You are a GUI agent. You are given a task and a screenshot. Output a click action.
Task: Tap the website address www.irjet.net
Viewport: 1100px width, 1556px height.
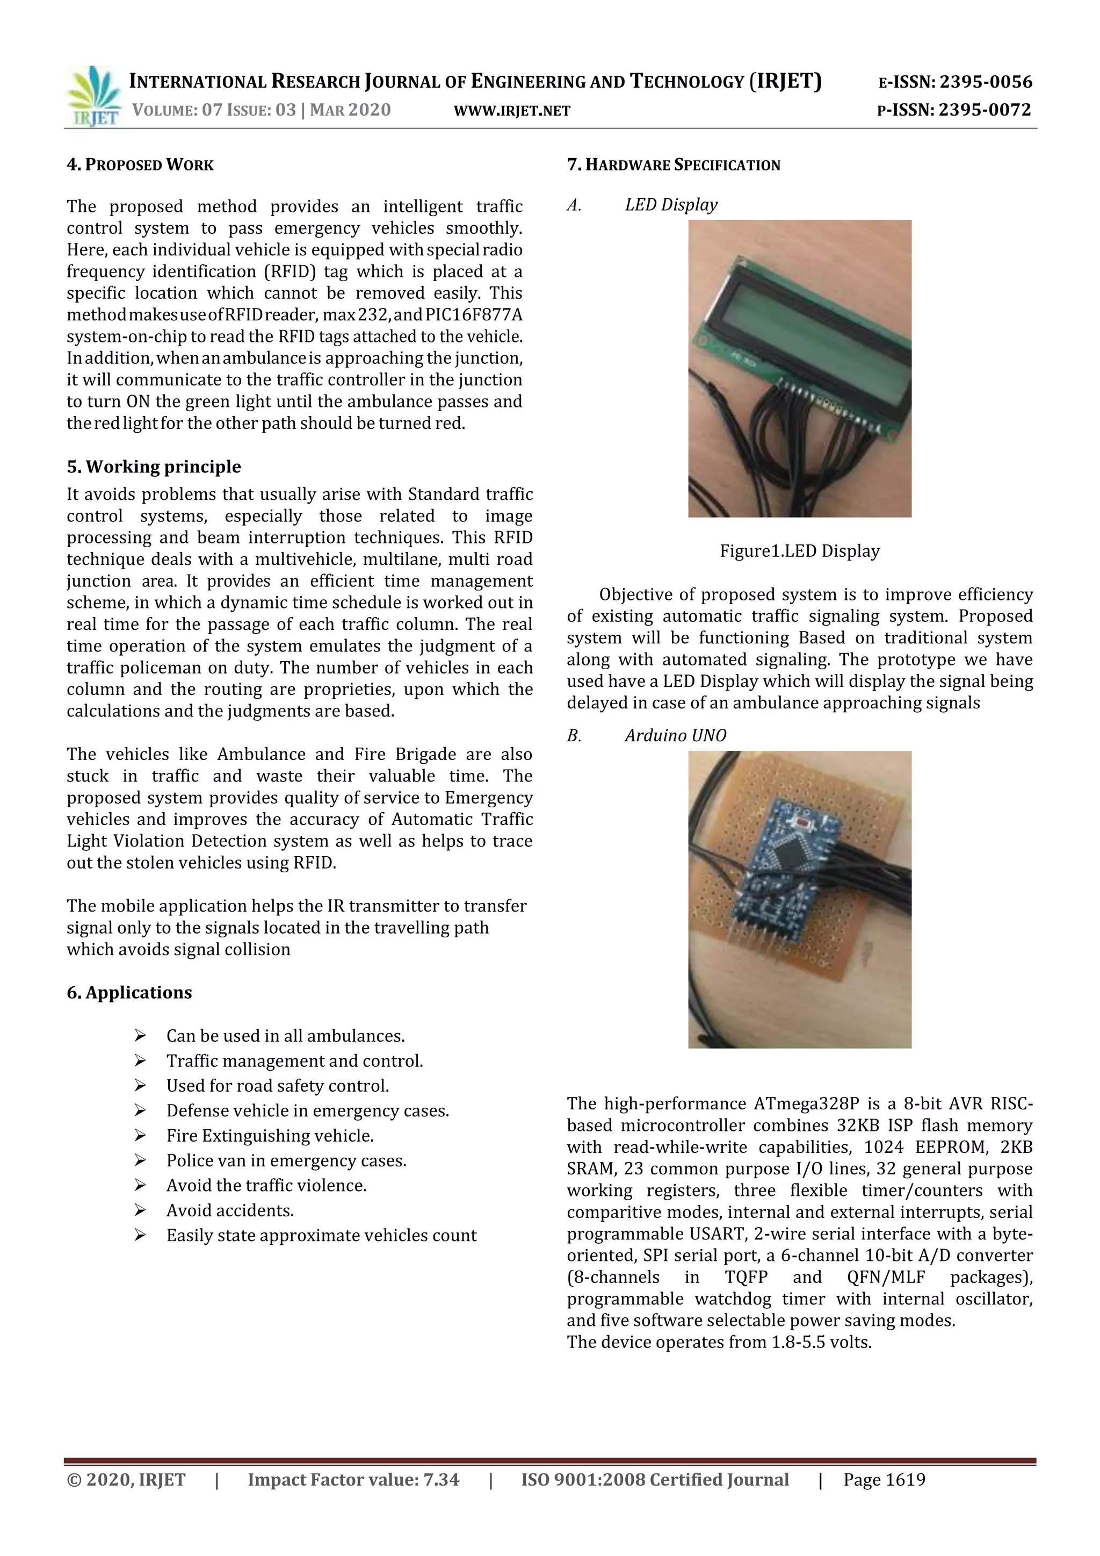[x=512, y=111]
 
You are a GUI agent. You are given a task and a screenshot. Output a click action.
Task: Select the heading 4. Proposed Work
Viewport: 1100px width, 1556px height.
[x=140, y=164]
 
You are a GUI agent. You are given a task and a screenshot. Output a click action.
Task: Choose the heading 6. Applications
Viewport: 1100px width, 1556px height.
[x=129, y=992]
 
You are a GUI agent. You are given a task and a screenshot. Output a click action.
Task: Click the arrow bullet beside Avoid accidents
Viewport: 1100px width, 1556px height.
[x=140, y=1210]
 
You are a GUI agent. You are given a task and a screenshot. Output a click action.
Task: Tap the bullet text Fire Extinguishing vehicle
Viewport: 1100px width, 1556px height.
[x=270, y=1135]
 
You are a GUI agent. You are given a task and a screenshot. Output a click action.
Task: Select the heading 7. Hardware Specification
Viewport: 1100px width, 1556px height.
[x=674, y=164]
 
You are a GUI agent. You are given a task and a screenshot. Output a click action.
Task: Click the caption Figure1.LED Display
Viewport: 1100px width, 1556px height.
[x=799, y=551]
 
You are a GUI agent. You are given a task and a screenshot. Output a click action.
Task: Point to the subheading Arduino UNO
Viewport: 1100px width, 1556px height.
[x=675, y=735]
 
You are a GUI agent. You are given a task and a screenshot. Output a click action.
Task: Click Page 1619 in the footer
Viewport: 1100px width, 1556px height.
[x=884, y=1480]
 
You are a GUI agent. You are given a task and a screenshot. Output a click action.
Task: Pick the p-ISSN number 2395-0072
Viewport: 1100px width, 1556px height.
[x=984, y=110]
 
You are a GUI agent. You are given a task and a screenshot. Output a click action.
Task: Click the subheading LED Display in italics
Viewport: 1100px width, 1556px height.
[x=671, y=205]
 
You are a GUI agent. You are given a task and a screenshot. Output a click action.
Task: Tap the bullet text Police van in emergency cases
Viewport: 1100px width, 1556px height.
[x=286, y=1160]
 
